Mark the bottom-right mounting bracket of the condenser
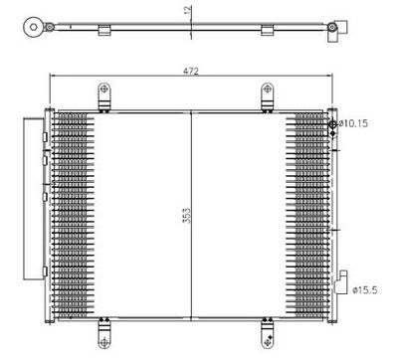point(267,324)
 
